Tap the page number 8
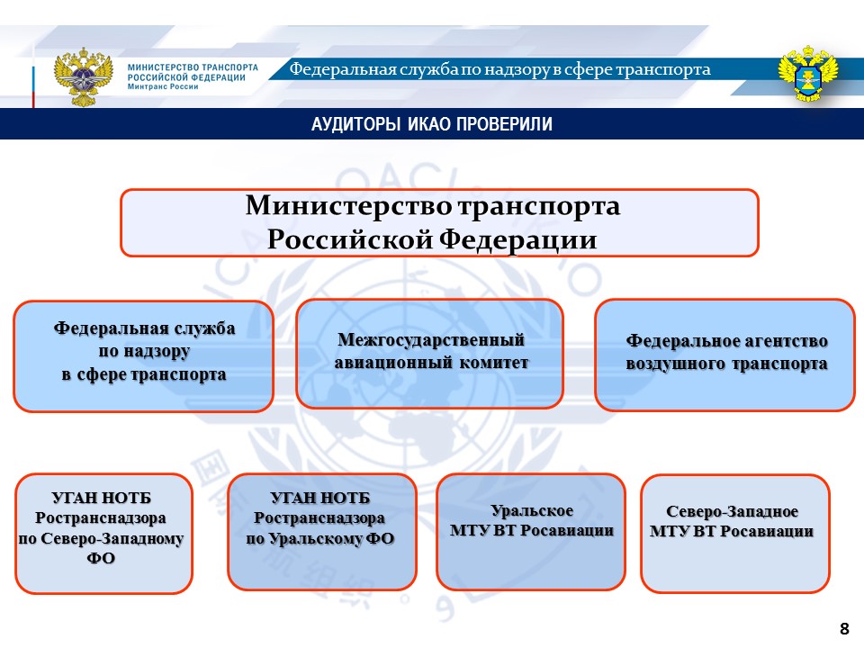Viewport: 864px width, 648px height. (x=844, y=628)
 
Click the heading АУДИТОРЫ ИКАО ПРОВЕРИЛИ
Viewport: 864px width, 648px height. (x=431, y=124)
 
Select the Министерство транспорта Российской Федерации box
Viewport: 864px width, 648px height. (x=439, y=222)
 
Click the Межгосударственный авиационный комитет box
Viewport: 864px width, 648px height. (x=430, y=353)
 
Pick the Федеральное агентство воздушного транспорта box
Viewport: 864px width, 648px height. (x=725, y=355)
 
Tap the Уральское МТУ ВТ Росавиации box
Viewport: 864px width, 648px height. (x=531, y=531)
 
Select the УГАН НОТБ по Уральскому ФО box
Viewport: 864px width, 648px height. (x=321, y=531)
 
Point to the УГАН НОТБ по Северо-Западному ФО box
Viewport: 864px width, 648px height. (x=104, y=533)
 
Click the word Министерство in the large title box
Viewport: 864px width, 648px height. (x=349, y=206)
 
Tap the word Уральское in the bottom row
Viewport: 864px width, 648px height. (x=532, y=511)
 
